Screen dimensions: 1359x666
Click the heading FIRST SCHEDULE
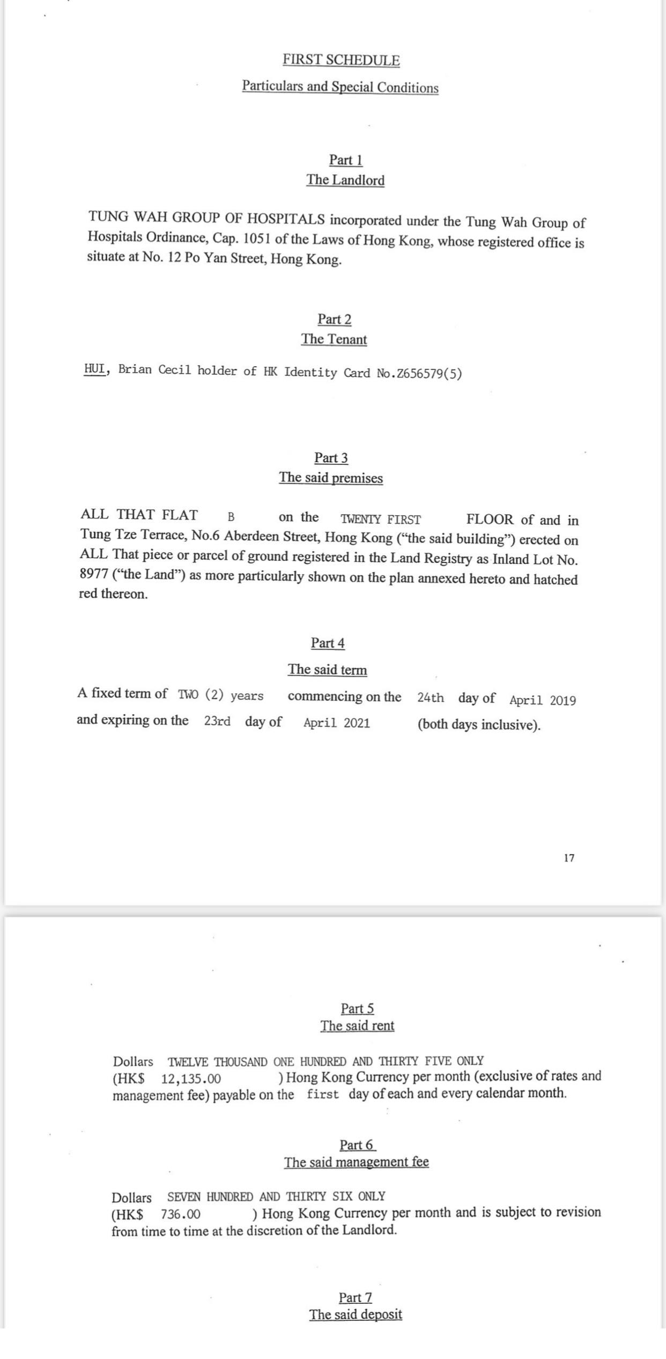(341, 60)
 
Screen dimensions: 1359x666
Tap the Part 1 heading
(345, 160)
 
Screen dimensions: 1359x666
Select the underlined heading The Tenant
(334, 339)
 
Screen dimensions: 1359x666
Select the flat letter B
(231, 517)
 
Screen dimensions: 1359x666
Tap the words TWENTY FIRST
(381, 519)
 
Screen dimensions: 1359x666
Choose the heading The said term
(327, 670)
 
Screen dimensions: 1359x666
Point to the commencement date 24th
(431, 698)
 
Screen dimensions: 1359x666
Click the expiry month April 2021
(337, 723)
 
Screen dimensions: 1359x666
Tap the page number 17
(569, 858)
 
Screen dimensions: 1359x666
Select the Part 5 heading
(357, 1009)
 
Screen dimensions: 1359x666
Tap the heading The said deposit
(356, 1315)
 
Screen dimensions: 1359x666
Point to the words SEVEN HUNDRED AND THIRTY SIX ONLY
(276, 1197)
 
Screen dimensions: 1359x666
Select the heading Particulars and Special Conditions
(340, 87)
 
